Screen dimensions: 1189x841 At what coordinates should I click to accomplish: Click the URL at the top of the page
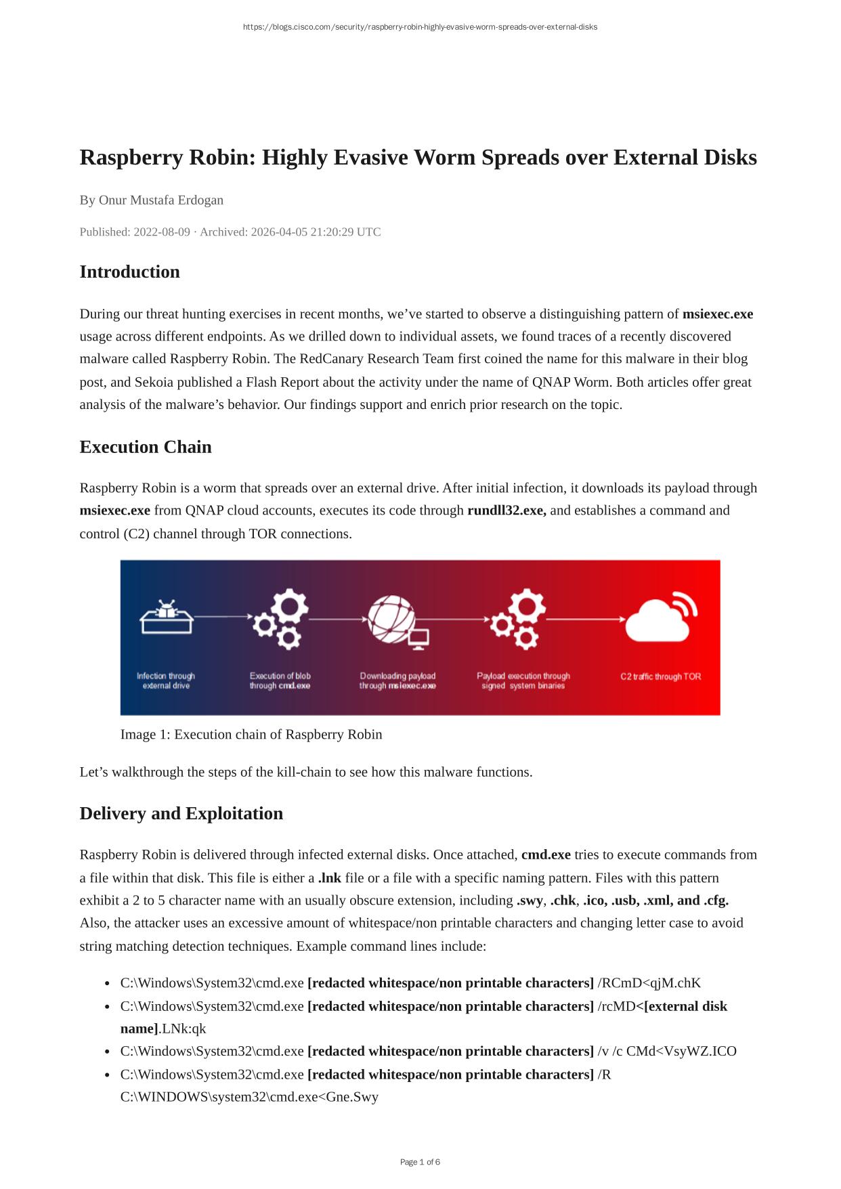pyautogui.click(x=420, y=27)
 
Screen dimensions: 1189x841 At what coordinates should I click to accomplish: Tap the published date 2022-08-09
pyautogui.click(x=162, y=232)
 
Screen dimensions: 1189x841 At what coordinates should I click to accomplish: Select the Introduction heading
pyautogui.click(x=130, y=272)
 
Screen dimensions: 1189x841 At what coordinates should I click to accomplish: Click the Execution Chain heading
pyautogui.click(x=146, y=447)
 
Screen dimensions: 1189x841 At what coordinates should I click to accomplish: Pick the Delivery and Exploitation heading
pyautogui.click(x=181, y=813)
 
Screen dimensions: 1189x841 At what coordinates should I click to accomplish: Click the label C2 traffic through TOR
pyautogui.click(x=660, y=676)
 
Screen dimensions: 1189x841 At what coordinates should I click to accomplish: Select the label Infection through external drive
pyautogui.click(x=166, y=680)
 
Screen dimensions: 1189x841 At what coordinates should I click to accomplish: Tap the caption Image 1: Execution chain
pyautogui.click(x=251, y=735)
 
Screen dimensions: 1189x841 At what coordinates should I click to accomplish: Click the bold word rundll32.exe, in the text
pyautogui.click(x=506, y=511)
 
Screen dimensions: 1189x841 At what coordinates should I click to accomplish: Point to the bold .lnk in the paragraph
pyautogui.click(x=330, y=878)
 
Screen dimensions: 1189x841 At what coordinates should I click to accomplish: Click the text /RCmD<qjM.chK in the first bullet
pyautogui.click(x=649, y=983)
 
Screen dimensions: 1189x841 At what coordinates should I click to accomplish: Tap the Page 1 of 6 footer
pyautogui.click(x=420, y=1163)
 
